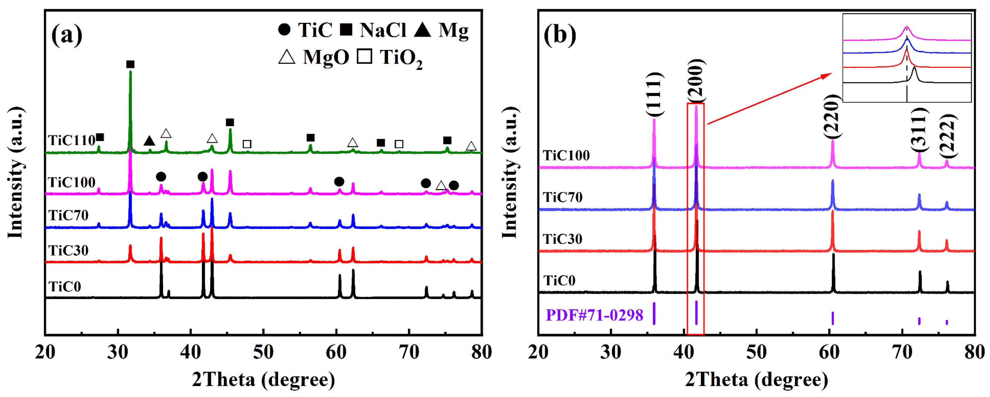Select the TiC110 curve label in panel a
click(x=71, y=140)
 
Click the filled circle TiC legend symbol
click(x=284, y=31)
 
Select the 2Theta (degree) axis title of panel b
click(x=756, y=380)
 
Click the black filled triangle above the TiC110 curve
click(x=150, y=141)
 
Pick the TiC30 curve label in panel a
click(x=69, y=250)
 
